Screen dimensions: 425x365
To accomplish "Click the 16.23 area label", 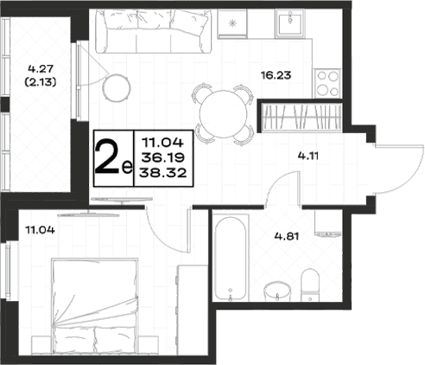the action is (x=276, y=75).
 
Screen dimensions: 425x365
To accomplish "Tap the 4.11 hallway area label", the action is (x=308, y=156).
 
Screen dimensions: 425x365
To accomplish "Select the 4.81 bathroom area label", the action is (x=287, y=236).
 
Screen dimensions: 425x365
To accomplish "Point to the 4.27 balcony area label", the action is (x=41, y=69).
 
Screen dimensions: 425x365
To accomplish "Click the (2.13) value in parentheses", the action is (x=41, y=82).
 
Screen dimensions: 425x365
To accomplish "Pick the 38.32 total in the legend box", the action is (x=163, y=173).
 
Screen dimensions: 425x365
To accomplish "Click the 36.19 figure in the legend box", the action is (x=163, y=157).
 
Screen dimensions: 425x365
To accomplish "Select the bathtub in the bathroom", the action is (x=231, y=259).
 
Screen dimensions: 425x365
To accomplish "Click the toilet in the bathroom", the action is (x=310, y=285).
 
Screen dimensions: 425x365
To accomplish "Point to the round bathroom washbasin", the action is (x=277, y=291).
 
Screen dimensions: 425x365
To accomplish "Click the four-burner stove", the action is (x=327, y=83).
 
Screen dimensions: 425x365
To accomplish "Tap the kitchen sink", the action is (x=290, y=23).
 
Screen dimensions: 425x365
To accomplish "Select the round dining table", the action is (x=224, y=114).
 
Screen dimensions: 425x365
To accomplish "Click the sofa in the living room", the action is (x=154, y=31).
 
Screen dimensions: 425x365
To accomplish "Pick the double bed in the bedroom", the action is (x=94, y=305).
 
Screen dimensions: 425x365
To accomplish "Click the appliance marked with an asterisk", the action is (x=232, y=24).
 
